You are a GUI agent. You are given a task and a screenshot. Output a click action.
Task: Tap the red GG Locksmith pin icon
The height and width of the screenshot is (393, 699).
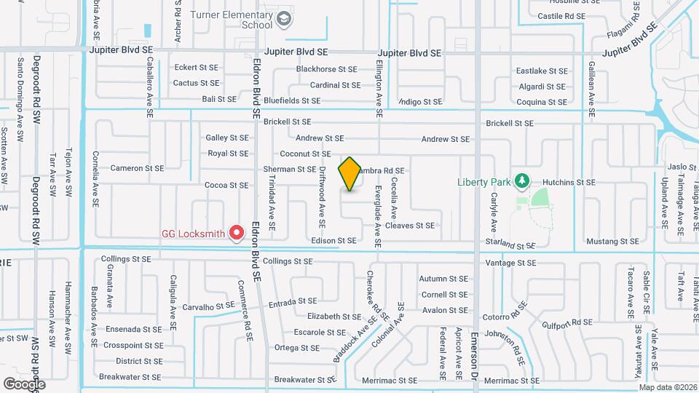click(237, 232)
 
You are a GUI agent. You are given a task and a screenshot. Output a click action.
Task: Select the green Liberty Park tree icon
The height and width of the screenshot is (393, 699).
click(521, 180)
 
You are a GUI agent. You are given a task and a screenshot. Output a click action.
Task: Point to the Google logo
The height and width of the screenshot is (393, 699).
click(24, 384)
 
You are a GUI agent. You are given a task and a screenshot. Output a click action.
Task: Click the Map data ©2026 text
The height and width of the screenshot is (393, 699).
click(667, 387)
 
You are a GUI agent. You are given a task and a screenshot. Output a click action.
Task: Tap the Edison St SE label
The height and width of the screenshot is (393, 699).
click(333, 240)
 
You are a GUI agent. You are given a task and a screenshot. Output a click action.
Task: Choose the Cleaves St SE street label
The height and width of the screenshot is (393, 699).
click(409, 226)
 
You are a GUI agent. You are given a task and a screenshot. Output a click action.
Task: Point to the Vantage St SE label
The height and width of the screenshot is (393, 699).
click(510, 263)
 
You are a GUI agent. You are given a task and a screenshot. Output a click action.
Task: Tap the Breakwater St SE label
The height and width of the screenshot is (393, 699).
click(130, 377)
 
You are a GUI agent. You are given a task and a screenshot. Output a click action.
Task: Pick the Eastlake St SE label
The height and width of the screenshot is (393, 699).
click(541, 71)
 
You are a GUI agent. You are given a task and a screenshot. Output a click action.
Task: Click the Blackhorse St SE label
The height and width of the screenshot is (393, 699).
click(327, 69)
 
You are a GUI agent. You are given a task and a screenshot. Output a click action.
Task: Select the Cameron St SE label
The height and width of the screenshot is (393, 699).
click(137, 168)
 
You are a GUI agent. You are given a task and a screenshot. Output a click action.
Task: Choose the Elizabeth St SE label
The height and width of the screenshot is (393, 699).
click(334, 317)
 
